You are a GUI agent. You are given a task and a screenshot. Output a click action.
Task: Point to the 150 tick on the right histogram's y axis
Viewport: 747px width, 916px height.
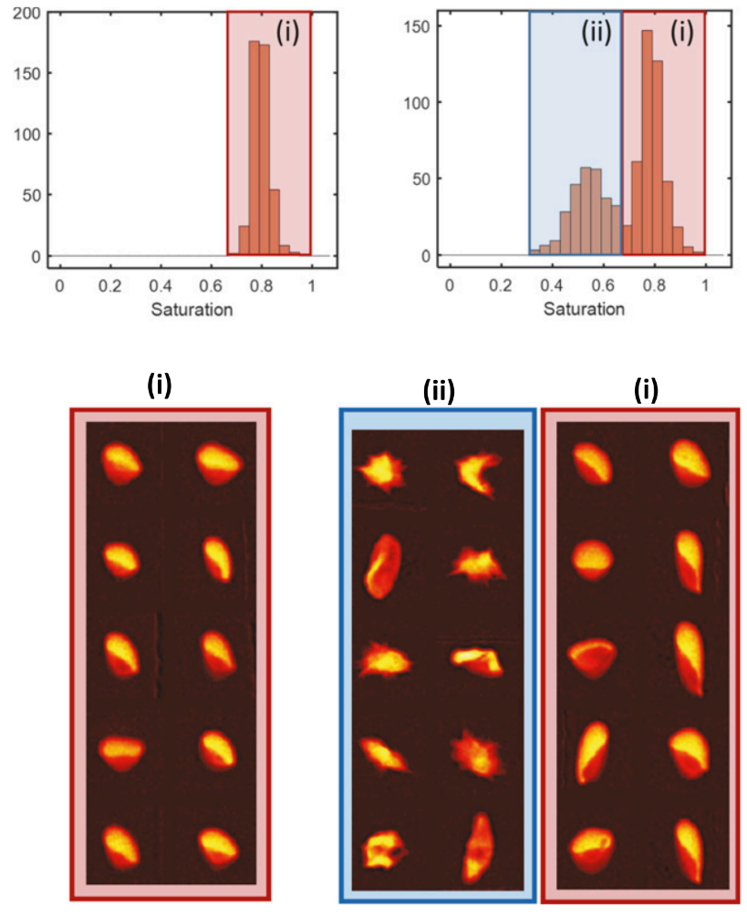click(415, 28)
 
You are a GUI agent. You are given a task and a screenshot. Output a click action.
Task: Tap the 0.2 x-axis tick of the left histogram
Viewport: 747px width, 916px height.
click(110, 286)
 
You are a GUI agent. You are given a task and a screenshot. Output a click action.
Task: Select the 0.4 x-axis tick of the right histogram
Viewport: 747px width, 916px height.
click(500, 286)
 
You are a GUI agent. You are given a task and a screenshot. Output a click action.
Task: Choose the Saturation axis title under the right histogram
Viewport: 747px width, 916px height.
click(584, 309)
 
